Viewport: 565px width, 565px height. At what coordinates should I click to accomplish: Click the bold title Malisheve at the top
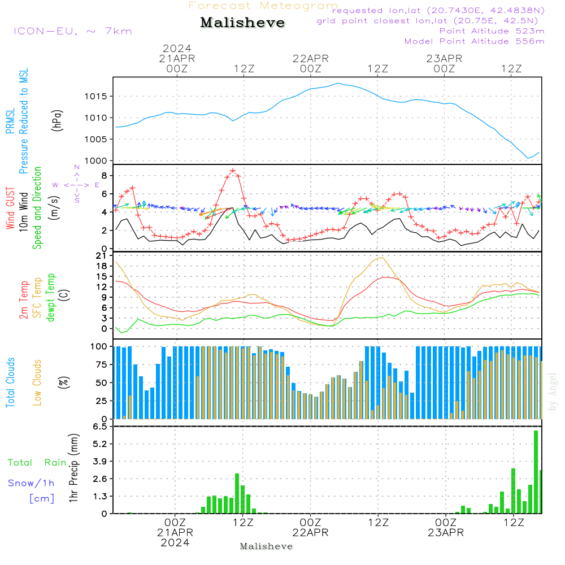(243, 23)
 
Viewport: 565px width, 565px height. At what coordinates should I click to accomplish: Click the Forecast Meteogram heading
(263, 6)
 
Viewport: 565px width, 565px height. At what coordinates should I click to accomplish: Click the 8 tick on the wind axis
(105, 175)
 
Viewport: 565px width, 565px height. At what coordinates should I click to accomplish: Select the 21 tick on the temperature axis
(102, 256)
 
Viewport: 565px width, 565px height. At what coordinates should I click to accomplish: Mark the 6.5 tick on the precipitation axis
(100, 427)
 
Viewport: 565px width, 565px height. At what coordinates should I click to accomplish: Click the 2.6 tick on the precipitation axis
(100, 479)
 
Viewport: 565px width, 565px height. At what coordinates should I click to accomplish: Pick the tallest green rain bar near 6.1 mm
(536, 472)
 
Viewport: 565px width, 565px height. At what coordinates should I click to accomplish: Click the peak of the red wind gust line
(233, 171)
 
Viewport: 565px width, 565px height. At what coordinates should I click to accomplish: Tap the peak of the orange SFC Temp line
(382, 258)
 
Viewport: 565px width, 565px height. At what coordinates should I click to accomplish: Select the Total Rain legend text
(37, 463)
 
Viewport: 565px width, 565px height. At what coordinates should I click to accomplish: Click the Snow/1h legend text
(32, 483)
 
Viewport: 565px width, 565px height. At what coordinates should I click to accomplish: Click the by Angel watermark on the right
(553, 392)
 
